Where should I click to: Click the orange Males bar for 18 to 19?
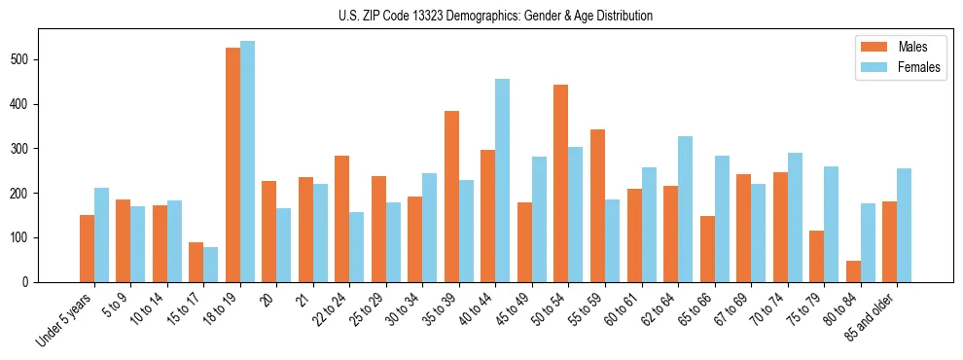(x=232, y=165)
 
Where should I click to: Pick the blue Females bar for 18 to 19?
(x=247, y=162)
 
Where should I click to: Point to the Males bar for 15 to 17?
(x=196, y=263)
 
